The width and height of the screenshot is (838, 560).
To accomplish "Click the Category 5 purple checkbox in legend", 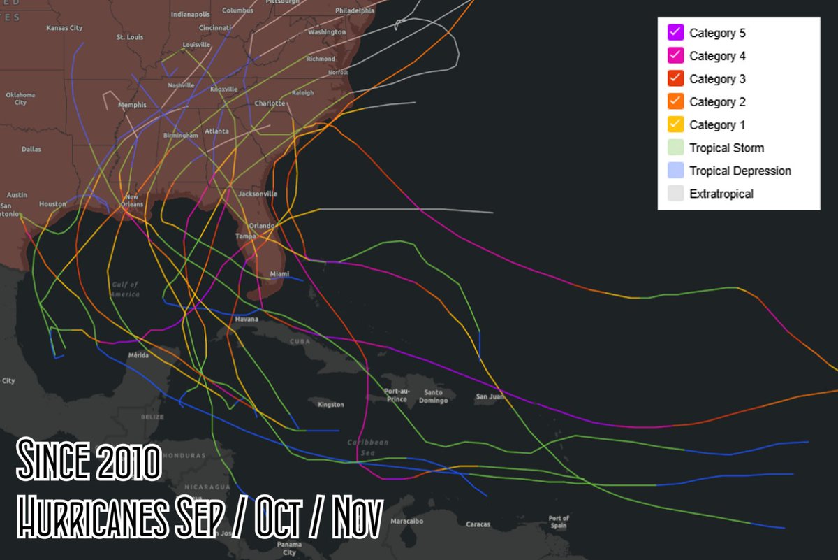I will (675, 33).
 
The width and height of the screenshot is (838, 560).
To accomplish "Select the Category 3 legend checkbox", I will (675, 79).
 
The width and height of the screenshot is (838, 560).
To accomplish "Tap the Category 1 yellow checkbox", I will (675, 125).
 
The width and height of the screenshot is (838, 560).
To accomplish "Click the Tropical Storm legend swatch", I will (675, 148).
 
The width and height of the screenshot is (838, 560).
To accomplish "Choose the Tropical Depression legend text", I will (740, 171).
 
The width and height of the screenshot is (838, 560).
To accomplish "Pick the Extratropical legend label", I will (721, 194).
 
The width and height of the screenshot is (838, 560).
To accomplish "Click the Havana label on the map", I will (247, 319).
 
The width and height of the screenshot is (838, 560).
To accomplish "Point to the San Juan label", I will (490, 396).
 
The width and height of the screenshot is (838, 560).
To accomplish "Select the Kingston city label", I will (330, 405).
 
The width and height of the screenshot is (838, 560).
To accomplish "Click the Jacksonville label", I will (258, 194).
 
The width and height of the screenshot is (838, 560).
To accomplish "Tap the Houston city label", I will (52, 204).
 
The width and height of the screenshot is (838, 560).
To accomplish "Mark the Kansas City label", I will (64, 28).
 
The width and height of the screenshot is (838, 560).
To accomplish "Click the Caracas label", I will (478, 524).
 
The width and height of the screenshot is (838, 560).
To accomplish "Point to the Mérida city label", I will (138, 356).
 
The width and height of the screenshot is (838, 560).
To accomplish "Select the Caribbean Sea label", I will (367, 447).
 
